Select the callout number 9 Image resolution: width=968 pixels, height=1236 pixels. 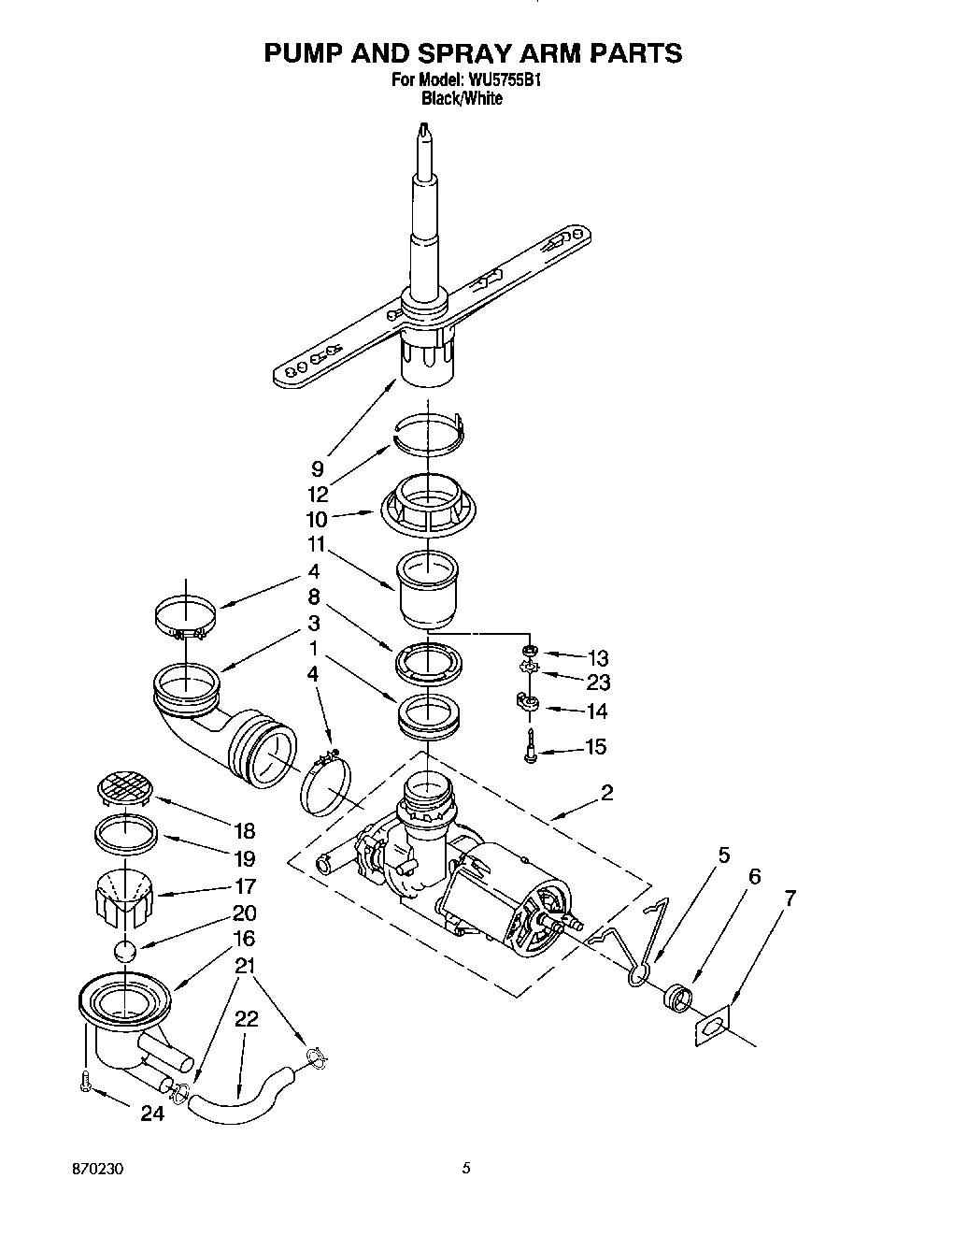pos(318,469)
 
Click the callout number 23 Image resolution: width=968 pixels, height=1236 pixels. pos(598,683)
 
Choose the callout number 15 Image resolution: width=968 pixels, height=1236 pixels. pos(595,746)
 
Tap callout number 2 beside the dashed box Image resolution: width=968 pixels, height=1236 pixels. pos(606,793)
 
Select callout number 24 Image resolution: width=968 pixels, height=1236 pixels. pos(152,1114)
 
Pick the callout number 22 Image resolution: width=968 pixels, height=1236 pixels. pos(246,1019)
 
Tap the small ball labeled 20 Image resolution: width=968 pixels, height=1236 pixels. pos(124,951)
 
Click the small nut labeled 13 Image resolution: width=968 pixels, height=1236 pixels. pos(528,651)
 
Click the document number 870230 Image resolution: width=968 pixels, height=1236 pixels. pos(98,1170)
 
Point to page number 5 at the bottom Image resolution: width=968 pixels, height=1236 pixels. pos(466,1168)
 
